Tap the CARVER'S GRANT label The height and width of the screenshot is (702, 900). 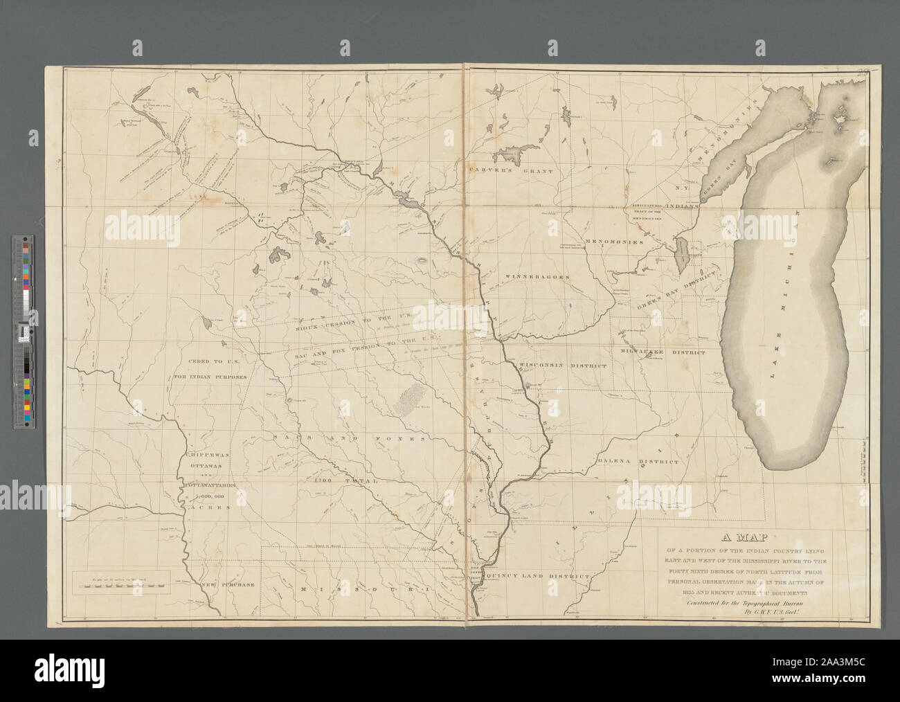coord(510,170)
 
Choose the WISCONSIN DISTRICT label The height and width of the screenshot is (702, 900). coord(563,365)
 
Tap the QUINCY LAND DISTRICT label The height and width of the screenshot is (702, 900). coord(538,576)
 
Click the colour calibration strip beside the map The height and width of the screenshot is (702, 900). coord(25,332)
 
